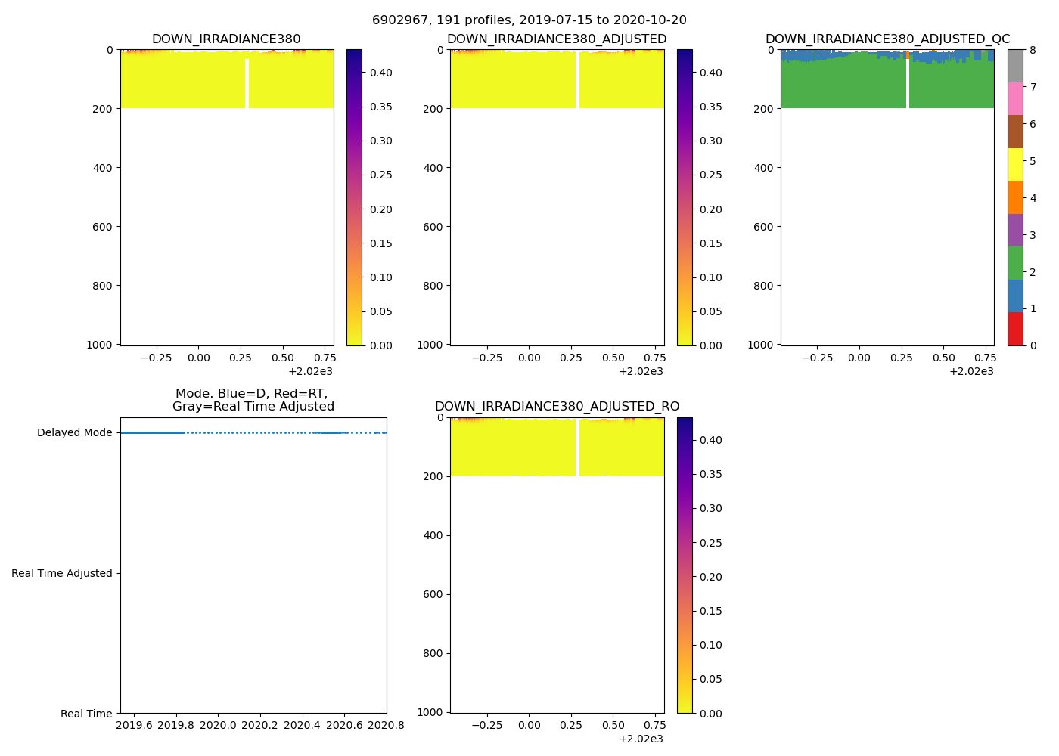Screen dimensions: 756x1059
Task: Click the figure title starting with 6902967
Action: (529, 20)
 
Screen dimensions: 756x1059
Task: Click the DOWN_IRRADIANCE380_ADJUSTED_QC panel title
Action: (887, 39)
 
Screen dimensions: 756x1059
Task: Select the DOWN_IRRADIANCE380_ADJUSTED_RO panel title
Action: (557, 407)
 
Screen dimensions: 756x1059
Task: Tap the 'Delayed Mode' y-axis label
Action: (74, 433)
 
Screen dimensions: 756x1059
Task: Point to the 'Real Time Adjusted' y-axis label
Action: (62, 573)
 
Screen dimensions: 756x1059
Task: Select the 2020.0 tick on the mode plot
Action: (219, 726)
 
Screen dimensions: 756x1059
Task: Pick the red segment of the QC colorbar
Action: (1015, 329)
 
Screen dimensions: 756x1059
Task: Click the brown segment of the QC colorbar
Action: (1015, 132)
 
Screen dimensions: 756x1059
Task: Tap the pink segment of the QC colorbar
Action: (1015, 98)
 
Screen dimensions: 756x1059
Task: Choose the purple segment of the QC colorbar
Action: (1015, 230)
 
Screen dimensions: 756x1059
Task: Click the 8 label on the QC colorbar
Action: (1033, 51)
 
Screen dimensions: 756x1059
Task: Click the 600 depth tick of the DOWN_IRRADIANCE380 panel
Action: (103, 227)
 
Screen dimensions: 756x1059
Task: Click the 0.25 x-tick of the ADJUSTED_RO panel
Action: (571, 726)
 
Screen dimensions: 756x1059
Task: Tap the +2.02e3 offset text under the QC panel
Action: (971, 371)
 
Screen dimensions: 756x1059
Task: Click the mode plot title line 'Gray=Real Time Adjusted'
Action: (253, 407)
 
